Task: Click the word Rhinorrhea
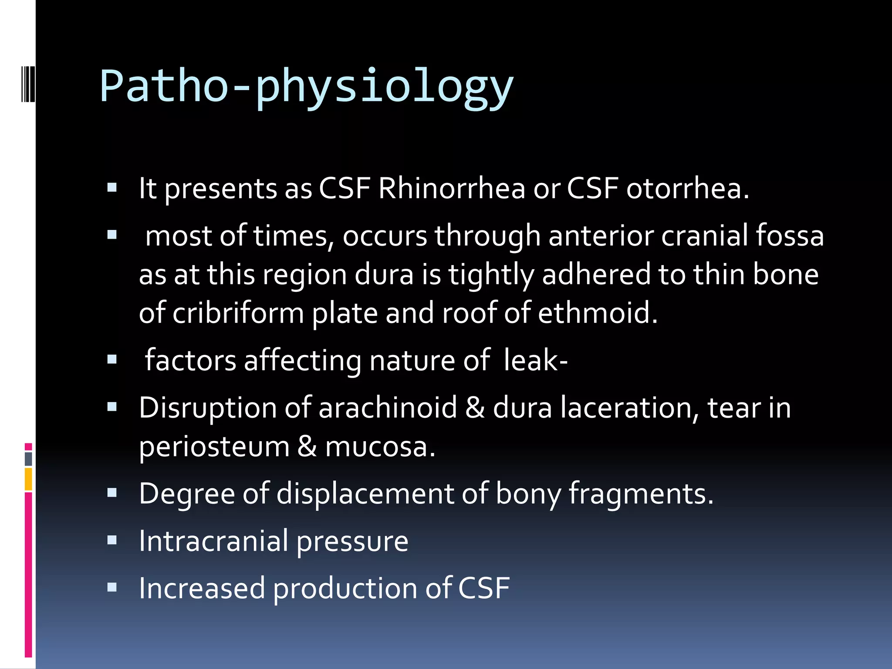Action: click(x=452, y=189)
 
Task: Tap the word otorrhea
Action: click(x=687, y=189)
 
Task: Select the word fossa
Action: click(x=789, y=236)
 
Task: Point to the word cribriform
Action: click(x=238, y=313)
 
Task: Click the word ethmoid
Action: click(x=597, y=313)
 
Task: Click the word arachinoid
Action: click(x=388, y=408)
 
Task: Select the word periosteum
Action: click(x=214, y=447)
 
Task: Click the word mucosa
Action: click(x=380, y=447)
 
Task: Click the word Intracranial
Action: click(x=213, y=541)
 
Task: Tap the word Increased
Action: click(x=202, y=588)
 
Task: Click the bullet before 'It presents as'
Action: click(x=112, y=188)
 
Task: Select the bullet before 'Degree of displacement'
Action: click(x=112, y=493)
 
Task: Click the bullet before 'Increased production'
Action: click(x=112, y=588)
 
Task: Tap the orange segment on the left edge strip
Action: click(x=28, y=479)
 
